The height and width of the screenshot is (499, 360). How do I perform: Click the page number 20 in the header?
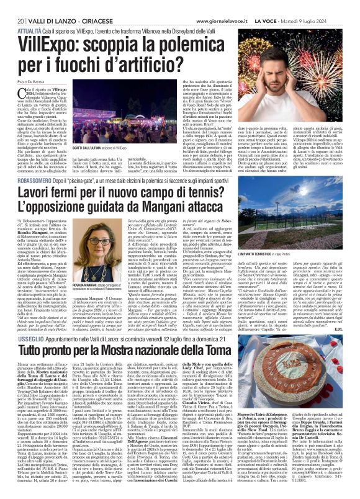point(14,6)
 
